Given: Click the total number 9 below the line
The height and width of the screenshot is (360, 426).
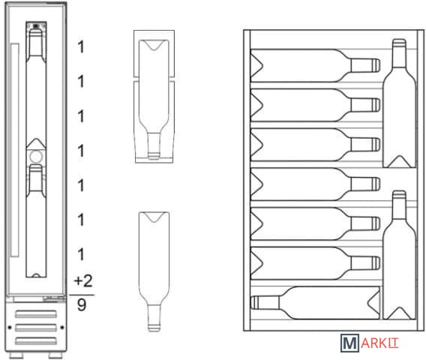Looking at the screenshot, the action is [x=82, y=304].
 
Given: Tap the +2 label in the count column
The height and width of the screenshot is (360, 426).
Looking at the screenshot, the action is [x=83, y=281].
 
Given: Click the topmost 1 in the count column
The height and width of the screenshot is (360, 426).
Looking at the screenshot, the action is [x=81, y=47].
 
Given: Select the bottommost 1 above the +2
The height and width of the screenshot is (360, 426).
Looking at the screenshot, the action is [x=81, y=254].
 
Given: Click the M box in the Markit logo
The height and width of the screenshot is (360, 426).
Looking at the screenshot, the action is [x=349, y=343].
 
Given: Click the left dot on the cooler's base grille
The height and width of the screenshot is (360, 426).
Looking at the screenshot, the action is [x=10, y=328].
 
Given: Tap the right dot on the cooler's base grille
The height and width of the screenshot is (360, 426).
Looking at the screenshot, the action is [x=62, y=328].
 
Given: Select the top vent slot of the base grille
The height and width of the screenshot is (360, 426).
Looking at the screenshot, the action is [x=36, y=314].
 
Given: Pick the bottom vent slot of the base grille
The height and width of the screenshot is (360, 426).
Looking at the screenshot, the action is [x=36, y=340].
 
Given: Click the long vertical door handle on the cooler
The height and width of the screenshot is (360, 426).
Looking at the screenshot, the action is [x=15, y=150].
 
